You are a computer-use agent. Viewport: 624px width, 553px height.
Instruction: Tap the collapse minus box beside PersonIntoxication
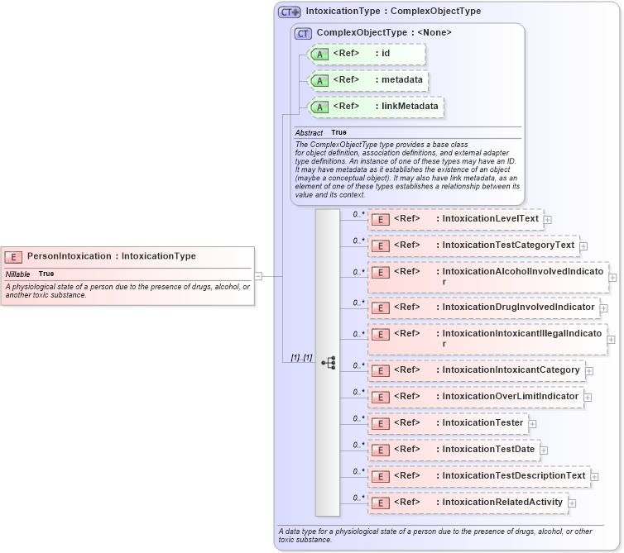pos(259,276)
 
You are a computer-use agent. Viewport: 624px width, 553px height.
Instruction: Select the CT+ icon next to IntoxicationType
pos(289,12)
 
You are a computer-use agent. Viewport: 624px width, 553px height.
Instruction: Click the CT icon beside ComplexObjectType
pos(303,33)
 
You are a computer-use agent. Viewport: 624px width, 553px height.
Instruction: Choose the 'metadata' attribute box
pos(367,80)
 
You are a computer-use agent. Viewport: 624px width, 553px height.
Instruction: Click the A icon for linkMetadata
pos(319,107)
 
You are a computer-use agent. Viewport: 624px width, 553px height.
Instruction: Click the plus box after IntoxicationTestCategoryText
pos(583,246)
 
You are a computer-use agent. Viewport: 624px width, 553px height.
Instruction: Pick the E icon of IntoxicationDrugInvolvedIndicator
pos(380,307)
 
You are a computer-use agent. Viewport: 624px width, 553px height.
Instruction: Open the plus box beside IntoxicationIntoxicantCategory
pos(589,370)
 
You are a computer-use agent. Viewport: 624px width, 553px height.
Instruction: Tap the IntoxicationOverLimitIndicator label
pos(510,397)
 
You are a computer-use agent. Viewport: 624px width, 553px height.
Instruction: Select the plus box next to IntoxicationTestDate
pos(543,451)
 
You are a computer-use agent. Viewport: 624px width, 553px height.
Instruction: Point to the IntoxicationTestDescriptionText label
pos(513,476)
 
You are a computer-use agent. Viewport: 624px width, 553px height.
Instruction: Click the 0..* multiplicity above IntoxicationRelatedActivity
pos(358,498)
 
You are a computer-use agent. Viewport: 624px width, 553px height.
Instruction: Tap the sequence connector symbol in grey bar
pos(328,363)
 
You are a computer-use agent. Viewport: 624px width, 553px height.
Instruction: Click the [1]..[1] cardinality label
pos(300,357)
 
